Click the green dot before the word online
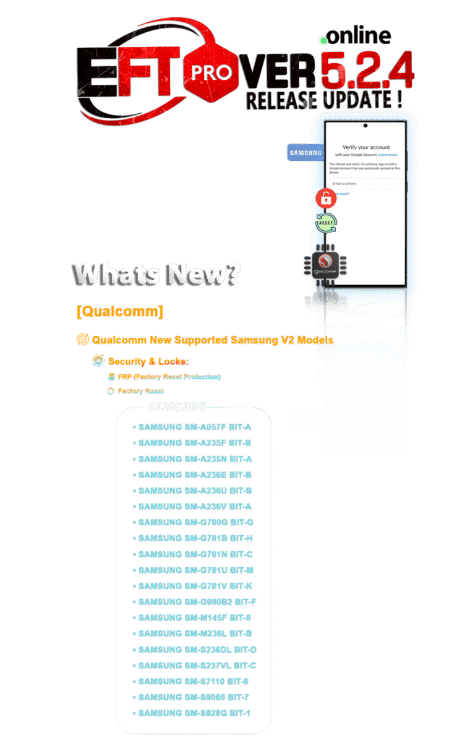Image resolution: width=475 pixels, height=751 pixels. (x=322, y=41)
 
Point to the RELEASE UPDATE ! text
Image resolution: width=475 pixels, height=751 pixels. (x=325, y=99)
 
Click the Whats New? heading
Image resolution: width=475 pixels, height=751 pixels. (x=155, y=274)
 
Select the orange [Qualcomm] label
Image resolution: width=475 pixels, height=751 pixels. (x=119, y=311)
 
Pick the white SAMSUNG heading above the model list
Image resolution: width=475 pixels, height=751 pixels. (x=178, y=406)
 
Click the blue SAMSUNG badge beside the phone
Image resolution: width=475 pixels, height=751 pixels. (x=305, y=153)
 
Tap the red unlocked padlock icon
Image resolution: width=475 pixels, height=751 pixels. (x=325, y=199)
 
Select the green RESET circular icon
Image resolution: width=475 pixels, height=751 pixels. (x=326, y=223)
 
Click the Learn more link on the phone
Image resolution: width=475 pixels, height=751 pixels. (x=388, y=155)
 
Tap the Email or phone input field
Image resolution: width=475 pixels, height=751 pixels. (x=365, y=184)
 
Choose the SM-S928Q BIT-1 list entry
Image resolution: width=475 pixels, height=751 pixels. (x=194, y=713)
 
